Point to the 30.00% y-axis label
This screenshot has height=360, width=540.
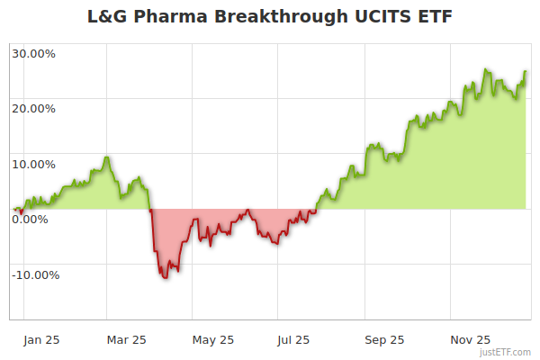33,53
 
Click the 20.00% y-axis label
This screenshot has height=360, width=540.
33,109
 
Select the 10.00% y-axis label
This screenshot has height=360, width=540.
33,165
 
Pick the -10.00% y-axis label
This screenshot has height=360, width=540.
35,275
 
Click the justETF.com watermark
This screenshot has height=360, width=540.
505,353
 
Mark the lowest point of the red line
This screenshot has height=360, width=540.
166,278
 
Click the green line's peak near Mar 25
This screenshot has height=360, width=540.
107,157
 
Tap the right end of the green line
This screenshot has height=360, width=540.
526,72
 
